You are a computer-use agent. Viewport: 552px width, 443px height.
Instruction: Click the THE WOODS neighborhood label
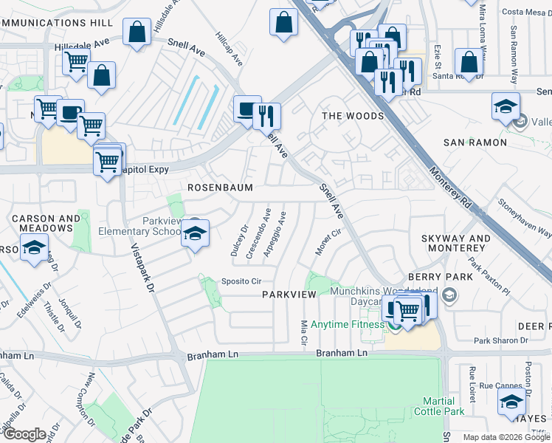point(352,116)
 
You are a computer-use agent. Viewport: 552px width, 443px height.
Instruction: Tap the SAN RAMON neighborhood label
point(475,142)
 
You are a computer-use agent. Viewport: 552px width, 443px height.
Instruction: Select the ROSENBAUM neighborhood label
point(220,188)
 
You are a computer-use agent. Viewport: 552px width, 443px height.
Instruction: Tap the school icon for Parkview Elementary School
point(194,235)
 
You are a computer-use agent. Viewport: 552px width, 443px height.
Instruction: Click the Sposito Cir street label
point(241,281)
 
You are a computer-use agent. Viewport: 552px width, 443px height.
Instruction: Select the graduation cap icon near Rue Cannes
point(510,402)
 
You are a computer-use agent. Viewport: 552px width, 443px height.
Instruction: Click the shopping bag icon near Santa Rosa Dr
point(468,62)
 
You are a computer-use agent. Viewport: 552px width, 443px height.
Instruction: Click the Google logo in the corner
point(25,434)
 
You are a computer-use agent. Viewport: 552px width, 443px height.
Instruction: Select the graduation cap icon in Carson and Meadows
point(34,248)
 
